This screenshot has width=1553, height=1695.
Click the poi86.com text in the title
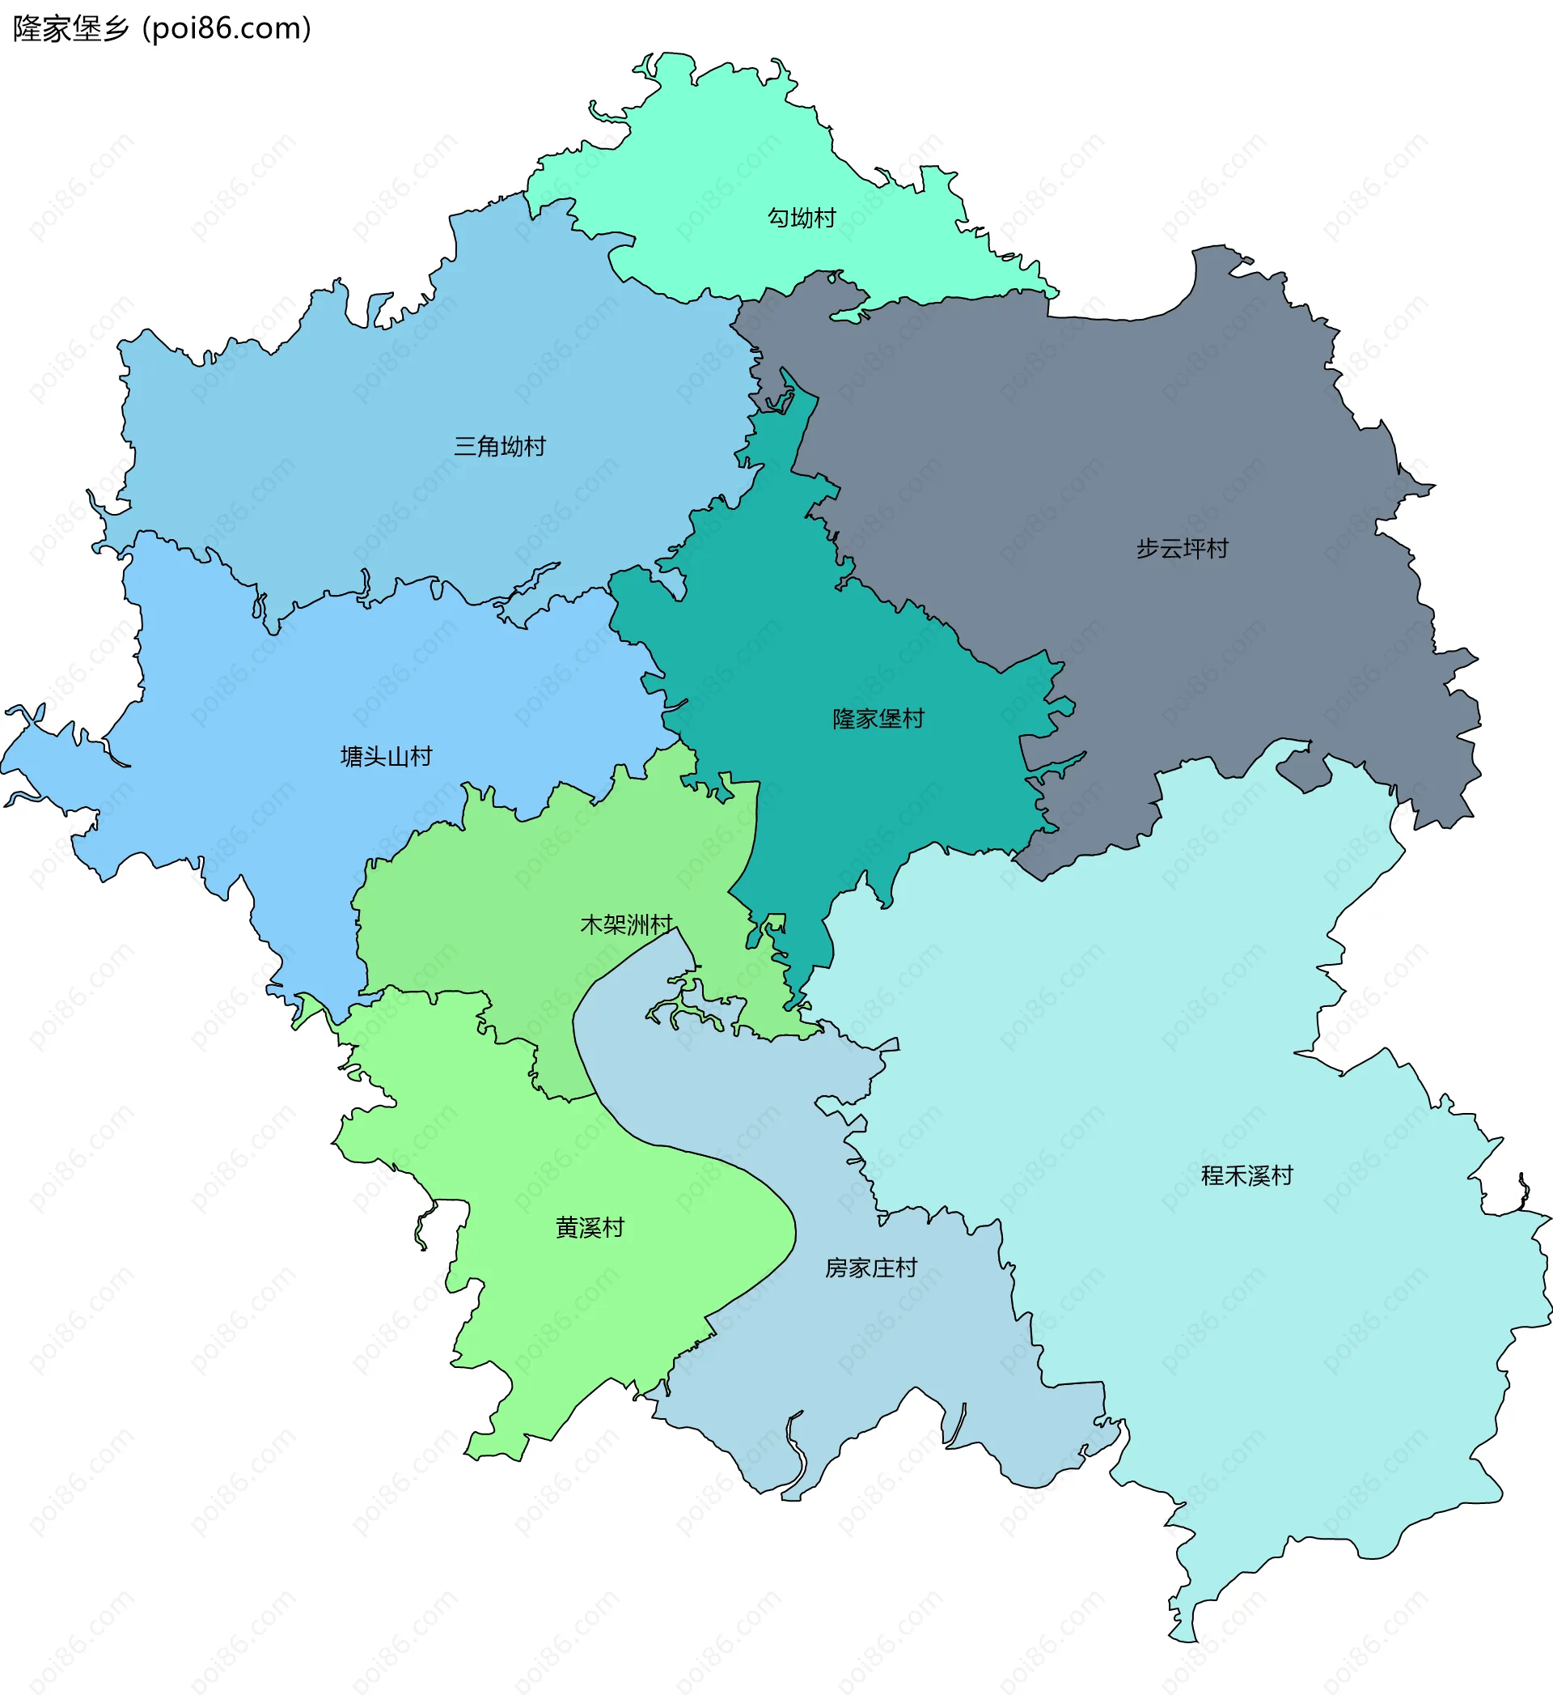click(227, 28)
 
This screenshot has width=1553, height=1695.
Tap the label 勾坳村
click(802, 218)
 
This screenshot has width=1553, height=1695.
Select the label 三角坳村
click(500, 447)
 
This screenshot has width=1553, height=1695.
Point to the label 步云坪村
click(1183, 549)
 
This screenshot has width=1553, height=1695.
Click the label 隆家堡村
click(878, 719)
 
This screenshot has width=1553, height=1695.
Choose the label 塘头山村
click(387, 757)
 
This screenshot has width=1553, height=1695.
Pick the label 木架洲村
click(627, 925)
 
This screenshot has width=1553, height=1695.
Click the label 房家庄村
click(870, 1268)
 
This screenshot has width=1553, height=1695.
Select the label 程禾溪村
click(1247, 1176)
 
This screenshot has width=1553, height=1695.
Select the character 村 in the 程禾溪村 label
click(1282, 1176)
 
